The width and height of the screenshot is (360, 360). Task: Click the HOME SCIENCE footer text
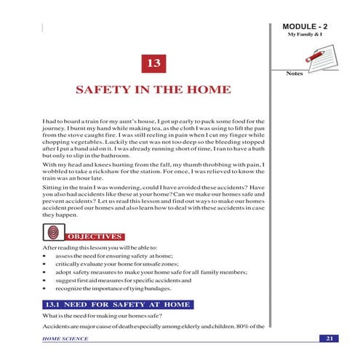[x=65, y=339]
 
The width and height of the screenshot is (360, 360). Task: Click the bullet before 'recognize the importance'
[x=45, y=289]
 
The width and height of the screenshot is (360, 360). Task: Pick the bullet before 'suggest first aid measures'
[x=45, y=281]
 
